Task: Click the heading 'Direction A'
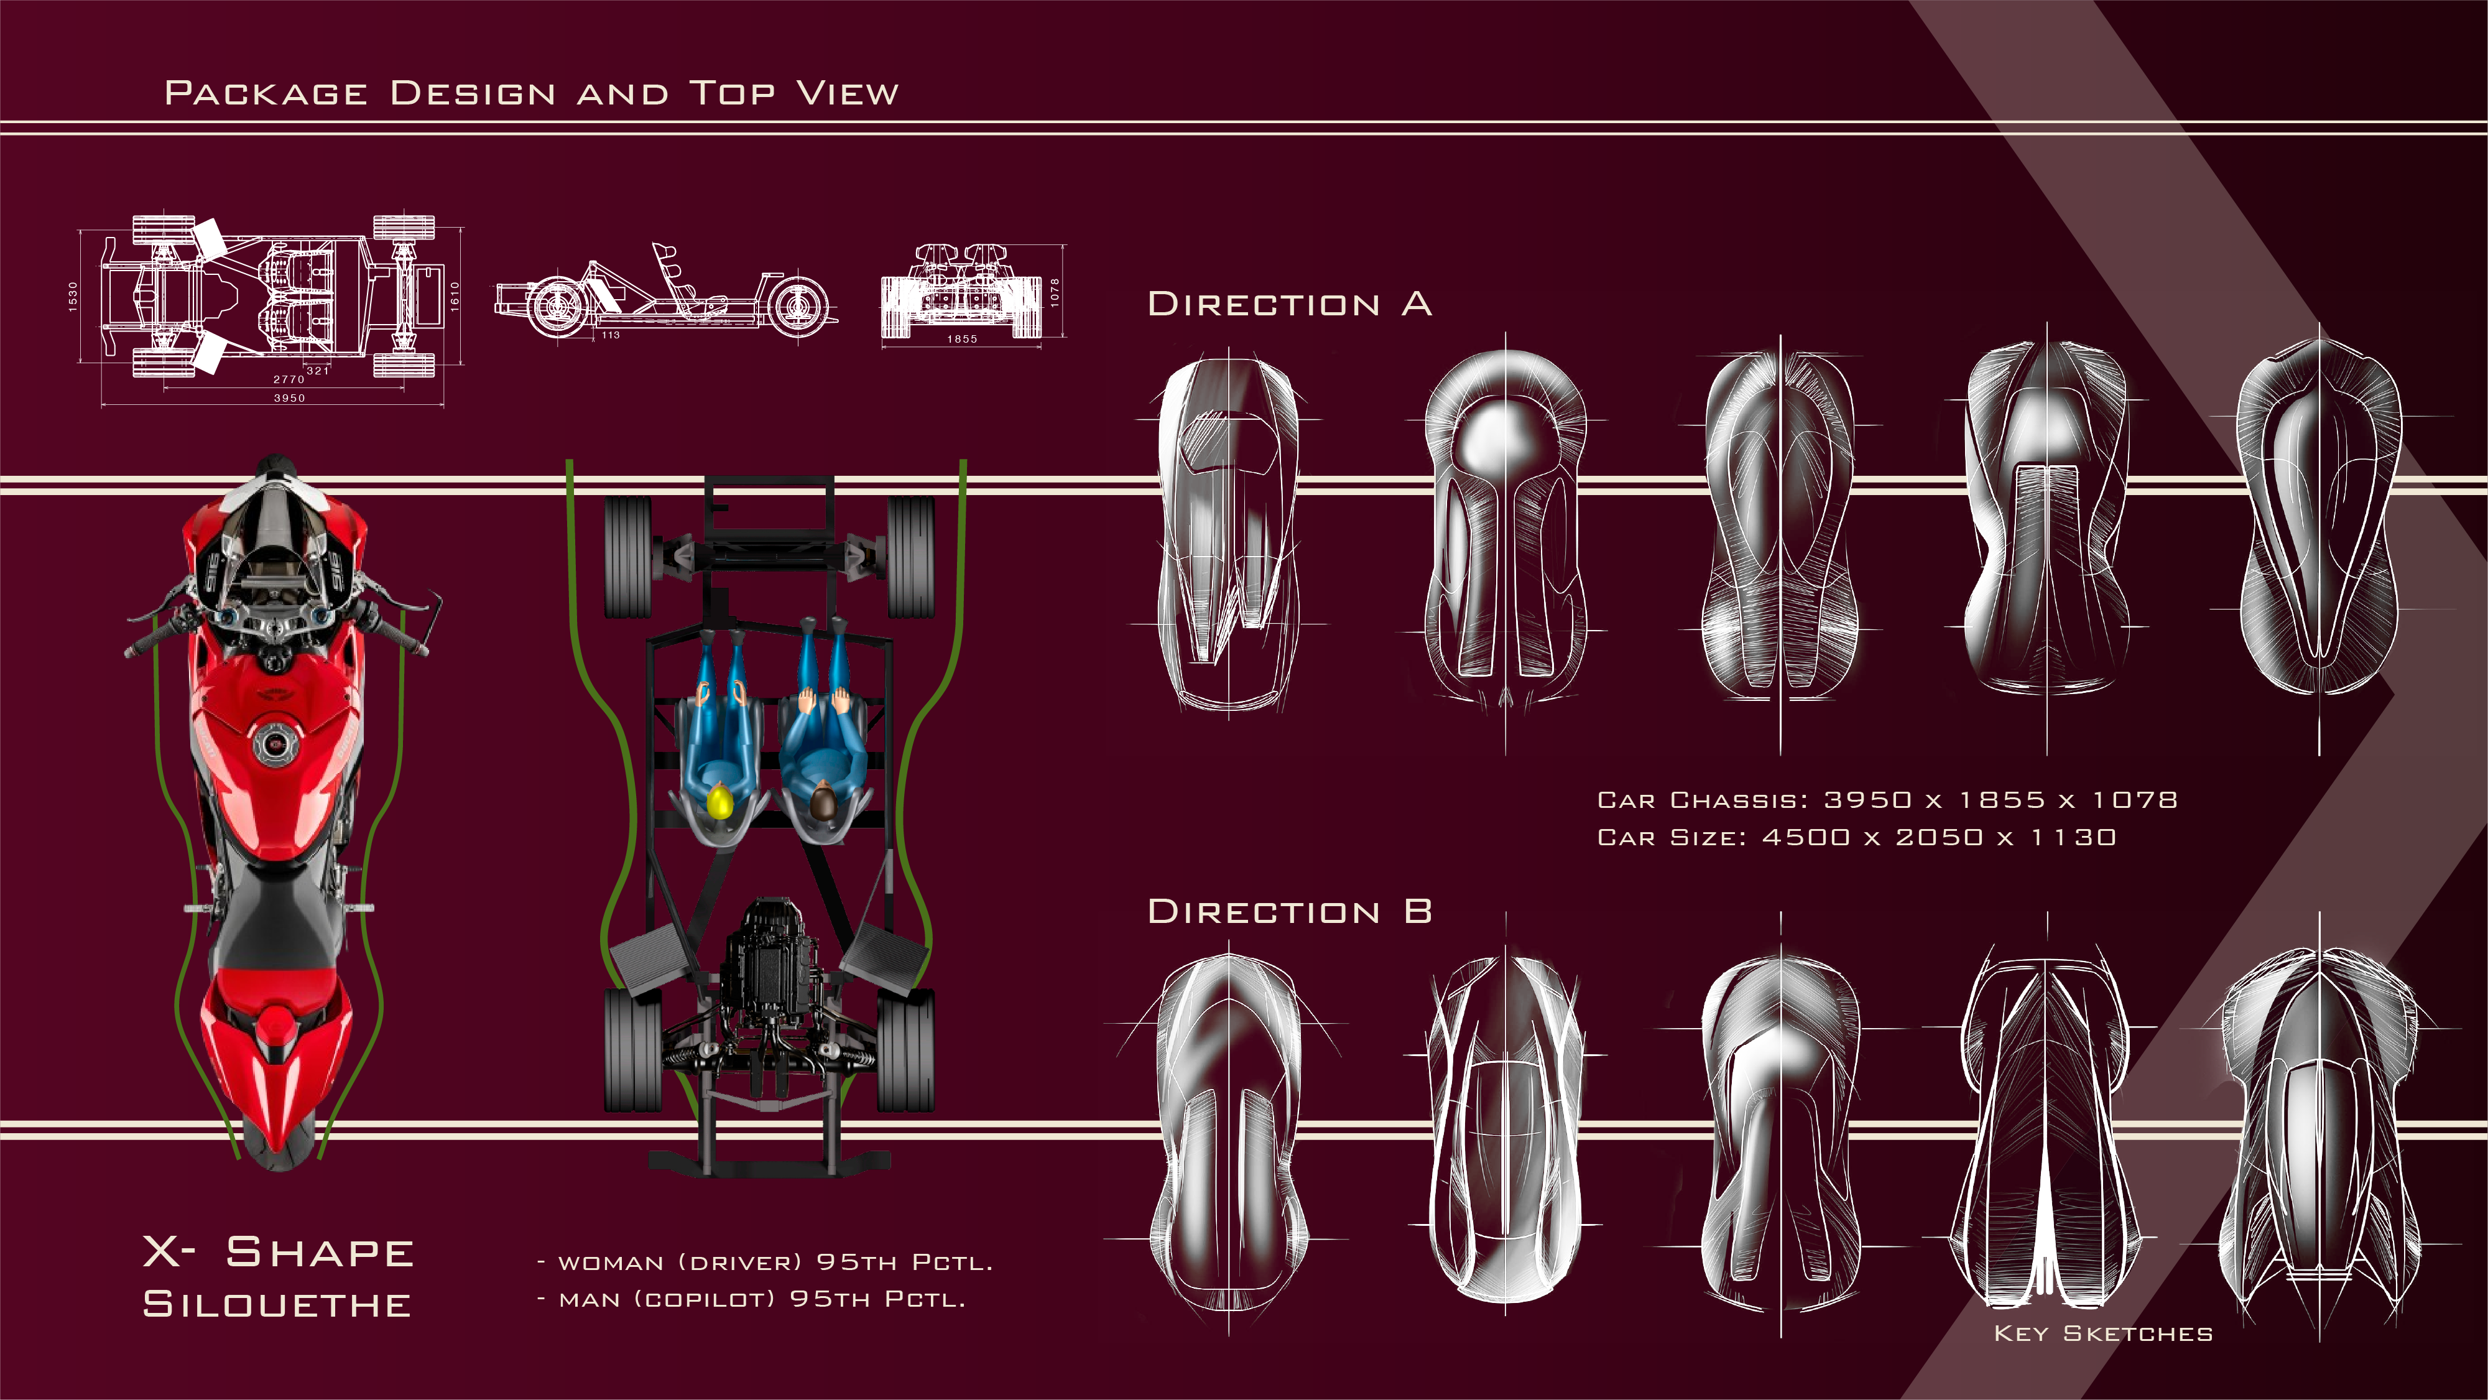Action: [1288, 304]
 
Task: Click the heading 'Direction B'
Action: [1288, 912]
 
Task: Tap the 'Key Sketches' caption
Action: [2102, 1334]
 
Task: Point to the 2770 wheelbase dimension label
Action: [289, 380]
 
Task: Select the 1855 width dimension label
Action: [962, 339]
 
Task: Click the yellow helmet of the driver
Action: [719, 802]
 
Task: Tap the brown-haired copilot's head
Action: [822, 802]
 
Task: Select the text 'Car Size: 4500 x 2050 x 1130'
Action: [1856, 838]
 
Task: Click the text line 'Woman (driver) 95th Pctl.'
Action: [764, 1263]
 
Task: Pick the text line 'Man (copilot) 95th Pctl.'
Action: [751, 1299]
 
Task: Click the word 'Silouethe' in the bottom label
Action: [277, 1304]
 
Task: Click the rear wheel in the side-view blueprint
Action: [798, 305]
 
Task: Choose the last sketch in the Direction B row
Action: [2318, 1131]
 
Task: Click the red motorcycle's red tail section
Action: [277, 1053]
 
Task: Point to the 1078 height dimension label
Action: [1055, 292]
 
